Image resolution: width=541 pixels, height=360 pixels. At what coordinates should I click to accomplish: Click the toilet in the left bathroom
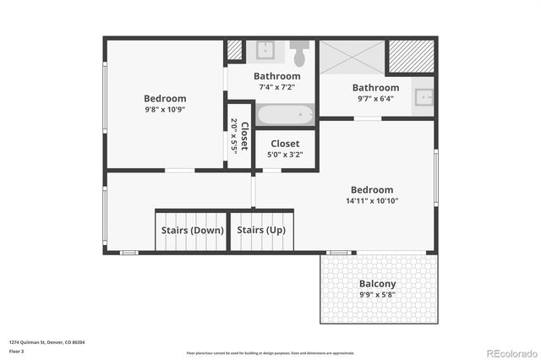(x=298, y=53)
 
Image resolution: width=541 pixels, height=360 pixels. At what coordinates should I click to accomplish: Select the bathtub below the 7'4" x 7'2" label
(x=285, y=114)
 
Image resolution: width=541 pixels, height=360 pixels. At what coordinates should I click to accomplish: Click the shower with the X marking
(x=351, y=57)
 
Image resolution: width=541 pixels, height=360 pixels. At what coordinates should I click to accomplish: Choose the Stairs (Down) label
(x=192, y=230)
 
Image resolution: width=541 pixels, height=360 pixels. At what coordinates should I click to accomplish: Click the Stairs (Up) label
(x=260, y=230)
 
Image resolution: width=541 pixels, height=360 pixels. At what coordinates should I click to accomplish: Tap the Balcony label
(x=377, y=284)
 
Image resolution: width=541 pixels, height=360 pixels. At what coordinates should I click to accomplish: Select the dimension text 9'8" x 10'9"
(x=165, y=109)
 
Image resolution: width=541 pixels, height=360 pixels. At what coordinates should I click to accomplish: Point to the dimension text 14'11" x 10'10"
(x=372, y=201)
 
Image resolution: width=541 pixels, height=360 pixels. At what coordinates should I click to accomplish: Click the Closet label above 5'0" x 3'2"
(x=285, y=144)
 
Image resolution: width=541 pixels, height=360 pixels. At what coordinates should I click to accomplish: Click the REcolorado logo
(x=510, y=352)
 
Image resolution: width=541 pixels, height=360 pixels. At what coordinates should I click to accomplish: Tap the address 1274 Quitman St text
(x=46, y=342)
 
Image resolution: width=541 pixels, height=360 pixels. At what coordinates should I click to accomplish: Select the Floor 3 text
(x=16, y=350)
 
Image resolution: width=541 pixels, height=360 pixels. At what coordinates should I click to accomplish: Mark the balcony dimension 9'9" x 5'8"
(x=377, y=295)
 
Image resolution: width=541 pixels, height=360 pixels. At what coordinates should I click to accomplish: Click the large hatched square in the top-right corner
(x=411, y=56)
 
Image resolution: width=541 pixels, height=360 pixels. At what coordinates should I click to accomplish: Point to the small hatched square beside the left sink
(x=234, y=50)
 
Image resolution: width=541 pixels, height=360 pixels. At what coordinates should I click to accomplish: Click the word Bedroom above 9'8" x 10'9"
(x=165, y=98)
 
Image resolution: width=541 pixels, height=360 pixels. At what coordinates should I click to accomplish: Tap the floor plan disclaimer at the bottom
(x=270, y=352)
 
